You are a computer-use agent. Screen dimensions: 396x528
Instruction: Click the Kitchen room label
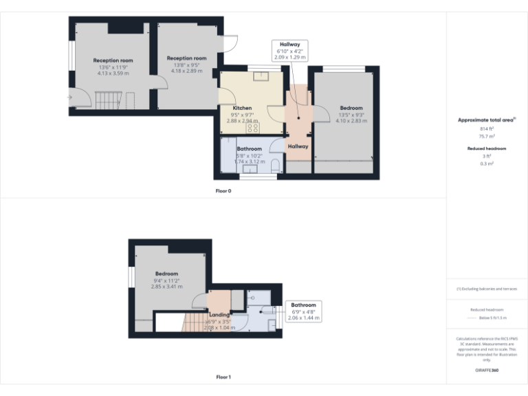coord(241,108)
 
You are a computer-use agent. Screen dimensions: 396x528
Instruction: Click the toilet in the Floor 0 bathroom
coord(275,165)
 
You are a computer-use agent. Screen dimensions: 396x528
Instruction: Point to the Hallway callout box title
coord(289,44)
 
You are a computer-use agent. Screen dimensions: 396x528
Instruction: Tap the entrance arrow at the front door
coord(69,98)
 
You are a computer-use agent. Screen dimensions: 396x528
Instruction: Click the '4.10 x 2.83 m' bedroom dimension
coord(351,120)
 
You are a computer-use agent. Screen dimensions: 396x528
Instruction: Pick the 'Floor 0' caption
coord(223,190)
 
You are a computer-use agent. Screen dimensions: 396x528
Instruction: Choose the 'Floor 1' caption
coord(223,377)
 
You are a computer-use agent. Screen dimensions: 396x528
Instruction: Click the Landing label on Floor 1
coord(219,315)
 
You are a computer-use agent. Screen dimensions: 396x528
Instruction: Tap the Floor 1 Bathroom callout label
coord(303,305)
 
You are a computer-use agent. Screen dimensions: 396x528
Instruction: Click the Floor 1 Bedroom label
coord(166,274)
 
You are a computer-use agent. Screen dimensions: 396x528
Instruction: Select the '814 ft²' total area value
coord(487,129)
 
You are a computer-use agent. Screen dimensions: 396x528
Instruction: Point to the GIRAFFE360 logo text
coord(487,371)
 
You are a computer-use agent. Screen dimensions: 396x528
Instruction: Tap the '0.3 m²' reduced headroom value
coord(487,164)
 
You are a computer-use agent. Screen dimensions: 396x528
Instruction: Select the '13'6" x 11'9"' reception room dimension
coord(113,67)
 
